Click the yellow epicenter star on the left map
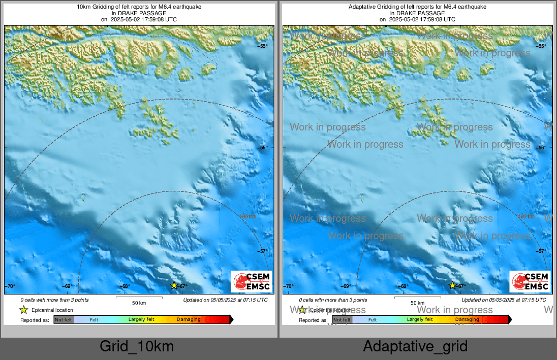point(174,285)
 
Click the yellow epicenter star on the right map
point(452,285)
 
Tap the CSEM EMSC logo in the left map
point(252,282)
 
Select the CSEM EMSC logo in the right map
point(530,282)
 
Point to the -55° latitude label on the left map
point(263,46)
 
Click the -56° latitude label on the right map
point(542,148)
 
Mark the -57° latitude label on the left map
point(263,251)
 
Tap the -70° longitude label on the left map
point(11,286)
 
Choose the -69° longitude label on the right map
point(347,286)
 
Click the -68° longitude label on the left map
point(125,286)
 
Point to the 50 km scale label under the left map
point(139,303)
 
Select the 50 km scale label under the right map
point(417,303)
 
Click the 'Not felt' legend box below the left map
point(64,320)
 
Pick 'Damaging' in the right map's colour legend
point(467,320)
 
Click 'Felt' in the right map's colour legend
point(373,320)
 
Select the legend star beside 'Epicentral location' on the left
point(23,310)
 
